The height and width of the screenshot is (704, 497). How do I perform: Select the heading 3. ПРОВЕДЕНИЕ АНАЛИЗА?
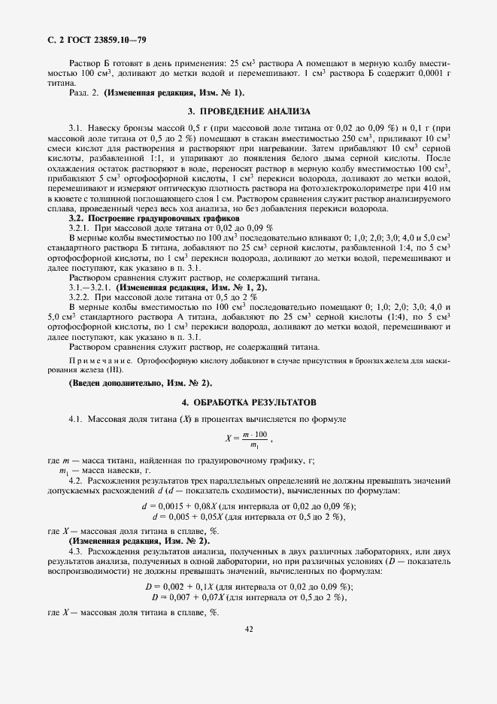[x=248, y=111]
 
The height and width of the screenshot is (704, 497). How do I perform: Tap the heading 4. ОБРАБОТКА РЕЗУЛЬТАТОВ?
[x=248, y=403]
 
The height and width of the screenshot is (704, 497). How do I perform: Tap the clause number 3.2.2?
[x=80, y=297]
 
